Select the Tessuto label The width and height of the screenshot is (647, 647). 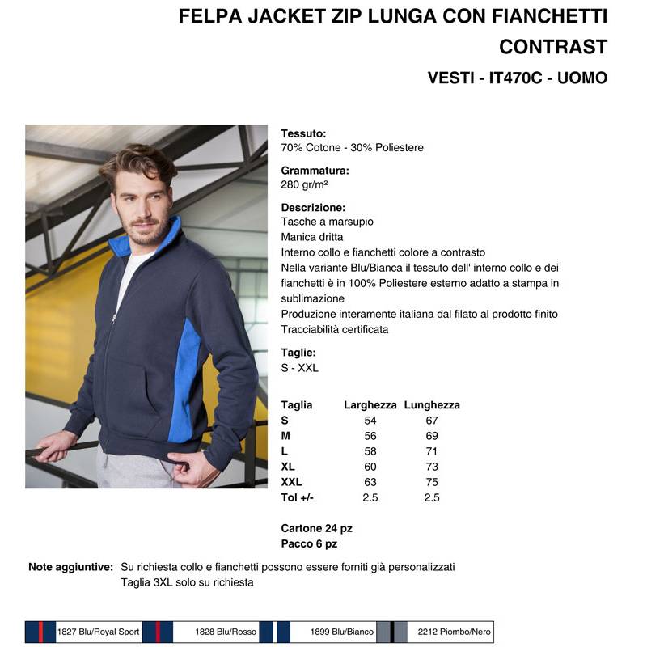(303, 133)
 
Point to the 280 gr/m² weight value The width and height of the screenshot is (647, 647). (304, 184)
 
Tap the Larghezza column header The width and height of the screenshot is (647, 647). (370, 405)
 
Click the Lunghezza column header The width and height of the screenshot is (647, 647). (432, 405)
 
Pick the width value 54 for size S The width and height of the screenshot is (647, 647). (370, 421)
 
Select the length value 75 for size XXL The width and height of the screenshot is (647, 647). (432, 482)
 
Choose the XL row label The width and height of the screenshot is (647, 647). (288, 467)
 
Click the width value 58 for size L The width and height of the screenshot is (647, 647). (370, 451)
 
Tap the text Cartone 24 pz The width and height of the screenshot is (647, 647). (317, 528)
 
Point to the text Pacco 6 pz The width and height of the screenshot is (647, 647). (309, 543)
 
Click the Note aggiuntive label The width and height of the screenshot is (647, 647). (70, 567)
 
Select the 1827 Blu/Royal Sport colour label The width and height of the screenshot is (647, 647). (99, 632)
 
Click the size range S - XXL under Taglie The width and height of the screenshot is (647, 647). (300, 368)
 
